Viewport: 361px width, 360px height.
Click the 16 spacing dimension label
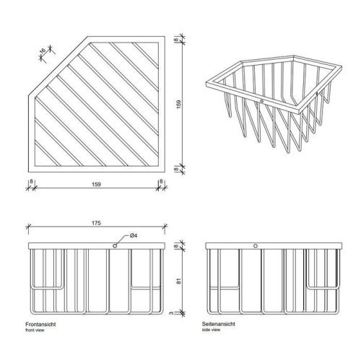click(x=43, y=52)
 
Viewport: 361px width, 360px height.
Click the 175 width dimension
click(x=95, y=224)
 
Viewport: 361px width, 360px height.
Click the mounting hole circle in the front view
click(x=115, y=247)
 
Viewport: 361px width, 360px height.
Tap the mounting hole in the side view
click(x=253, y=247)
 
